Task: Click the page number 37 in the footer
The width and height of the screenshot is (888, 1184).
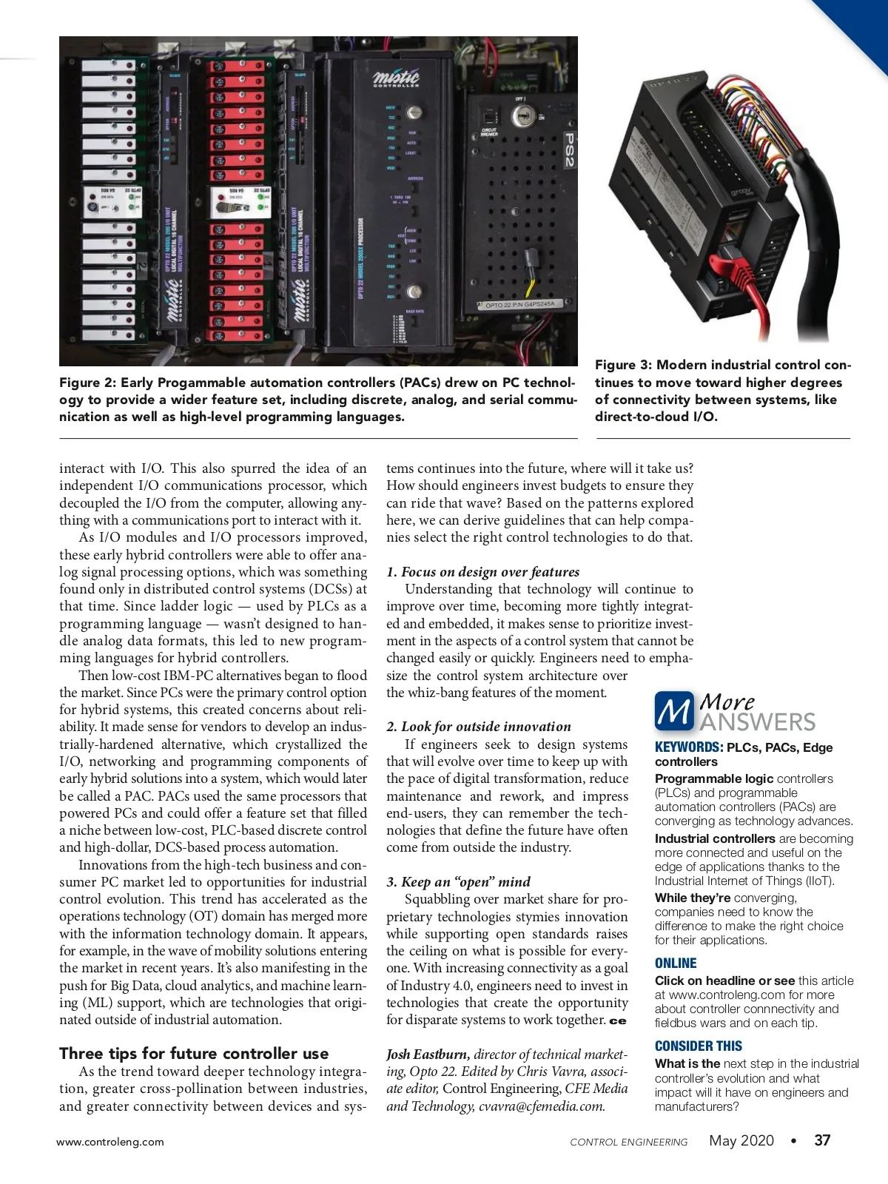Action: [822, 1140]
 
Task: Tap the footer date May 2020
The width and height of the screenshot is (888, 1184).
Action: [741, 1140]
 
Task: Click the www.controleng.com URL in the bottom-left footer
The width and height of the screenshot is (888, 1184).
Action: [110, 1142]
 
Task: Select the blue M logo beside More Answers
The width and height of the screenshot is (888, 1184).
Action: [673, 710]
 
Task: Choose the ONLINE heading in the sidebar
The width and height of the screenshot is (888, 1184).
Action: [676, 963]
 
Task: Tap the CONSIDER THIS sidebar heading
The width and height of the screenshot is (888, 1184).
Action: [698, 1046]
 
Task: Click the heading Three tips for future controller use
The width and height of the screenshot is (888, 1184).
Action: [194, 1053]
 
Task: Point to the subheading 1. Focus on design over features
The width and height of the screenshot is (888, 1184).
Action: [482, 571]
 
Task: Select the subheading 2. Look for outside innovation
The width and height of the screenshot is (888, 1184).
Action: [479, 727]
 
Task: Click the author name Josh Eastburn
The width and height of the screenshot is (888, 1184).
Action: [427, 1054]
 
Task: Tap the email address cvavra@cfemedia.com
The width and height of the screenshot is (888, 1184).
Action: [542, 1106]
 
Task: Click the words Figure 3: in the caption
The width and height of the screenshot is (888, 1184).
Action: [623, 365]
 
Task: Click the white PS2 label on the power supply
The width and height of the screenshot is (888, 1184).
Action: [568, 149]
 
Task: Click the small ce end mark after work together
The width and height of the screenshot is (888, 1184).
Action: [618, 1021]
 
